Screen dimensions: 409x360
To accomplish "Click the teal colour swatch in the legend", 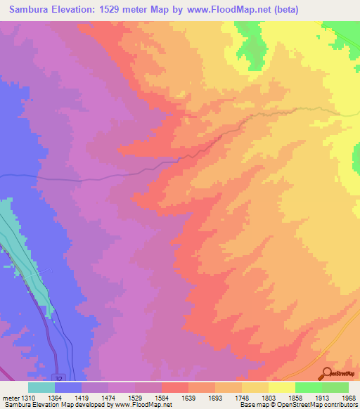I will (41, 387).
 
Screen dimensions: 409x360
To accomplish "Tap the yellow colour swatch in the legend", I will (281, 387).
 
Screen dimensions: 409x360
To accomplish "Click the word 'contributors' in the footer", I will (341, 405).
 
